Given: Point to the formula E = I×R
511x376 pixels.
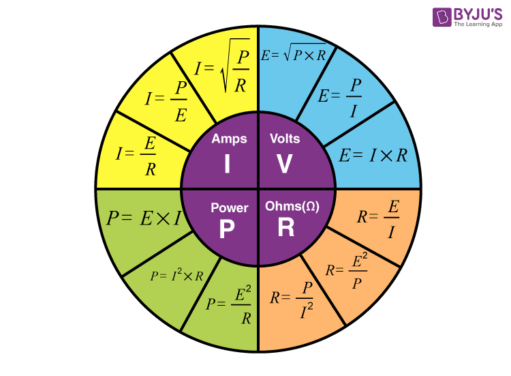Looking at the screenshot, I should click(x=373, y=155).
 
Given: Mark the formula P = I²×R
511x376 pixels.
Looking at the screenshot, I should click(x=177, y=276).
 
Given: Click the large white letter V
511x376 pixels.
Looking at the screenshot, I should click(x=285, y=164).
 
